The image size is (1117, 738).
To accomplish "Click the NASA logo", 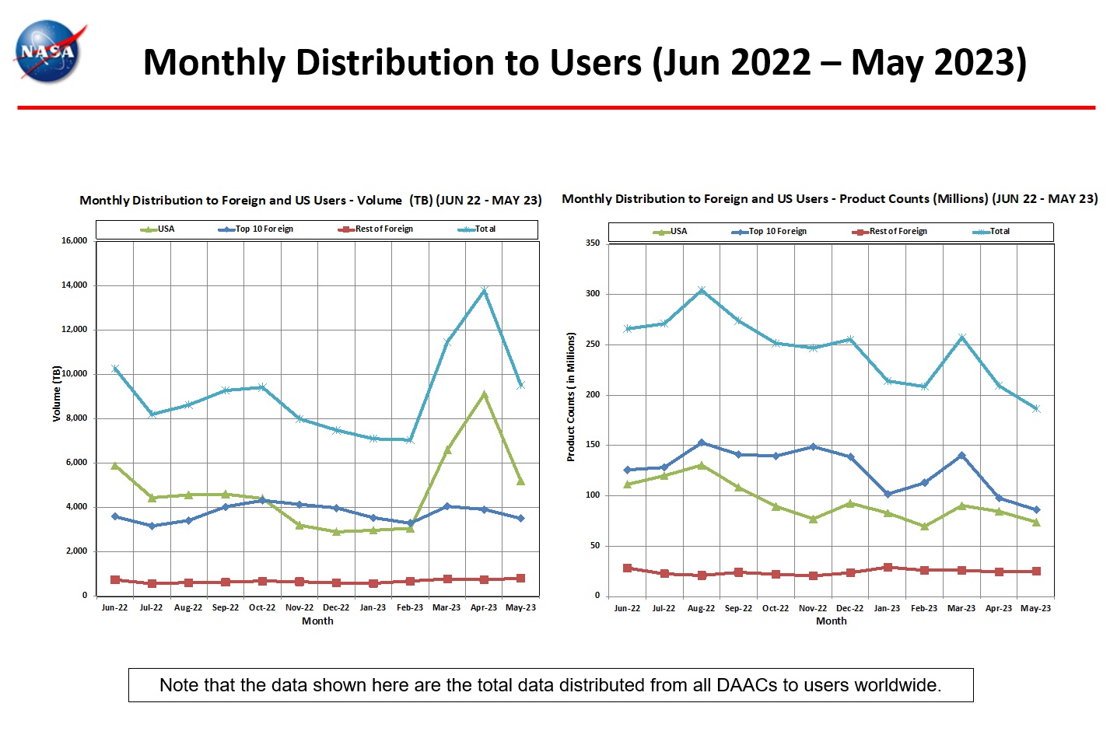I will coord(48,51).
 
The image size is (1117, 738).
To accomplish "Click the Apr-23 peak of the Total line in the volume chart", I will coord(484,291).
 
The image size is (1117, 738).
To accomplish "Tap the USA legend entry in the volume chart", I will coord(159,229).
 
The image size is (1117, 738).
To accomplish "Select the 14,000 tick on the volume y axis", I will coord(75,285).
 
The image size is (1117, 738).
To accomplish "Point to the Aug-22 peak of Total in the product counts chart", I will coord(702,291).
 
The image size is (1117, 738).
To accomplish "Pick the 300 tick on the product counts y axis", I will coord(593,294).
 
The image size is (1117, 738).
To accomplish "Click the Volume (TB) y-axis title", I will coord(57,393).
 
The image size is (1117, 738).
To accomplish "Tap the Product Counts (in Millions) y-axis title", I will coord(571,397).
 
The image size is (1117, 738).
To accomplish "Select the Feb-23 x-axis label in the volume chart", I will coord(410,607).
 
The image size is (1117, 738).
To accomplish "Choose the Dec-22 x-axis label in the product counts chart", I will coord(849,608).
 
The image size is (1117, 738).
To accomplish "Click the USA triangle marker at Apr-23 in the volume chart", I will coord(484,394).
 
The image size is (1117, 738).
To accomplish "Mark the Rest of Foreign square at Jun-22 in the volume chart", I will coord(115,579).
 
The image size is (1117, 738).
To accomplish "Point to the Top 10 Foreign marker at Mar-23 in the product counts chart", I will coord(961,456).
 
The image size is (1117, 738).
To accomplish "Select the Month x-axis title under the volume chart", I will coord(317,621).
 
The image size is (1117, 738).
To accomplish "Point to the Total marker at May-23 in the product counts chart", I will coord(1035,408).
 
